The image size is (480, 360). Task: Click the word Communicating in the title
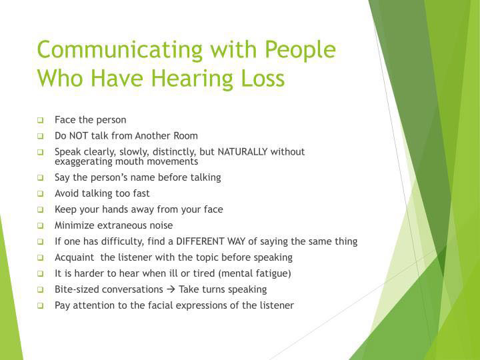point(120,50)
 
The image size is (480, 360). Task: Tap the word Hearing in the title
point(193,79)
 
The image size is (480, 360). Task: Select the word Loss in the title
point(263,78)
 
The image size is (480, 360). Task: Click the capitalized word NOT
point(79,135)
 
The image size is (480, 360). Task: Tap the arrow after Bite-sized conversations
point(171,289)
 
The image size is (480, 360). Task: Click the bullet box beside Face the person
point(41,120)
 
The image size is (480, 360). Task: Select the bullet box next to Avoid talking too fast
point(41,194)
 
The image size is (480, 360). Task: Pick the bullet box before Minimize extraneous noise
point(41,225)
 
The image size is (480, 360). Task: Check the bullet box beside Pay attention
point(41,305)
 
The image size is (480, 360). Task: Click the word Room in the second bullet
point(186,135)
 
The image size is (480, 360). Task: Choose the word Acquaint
point(75,257)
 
